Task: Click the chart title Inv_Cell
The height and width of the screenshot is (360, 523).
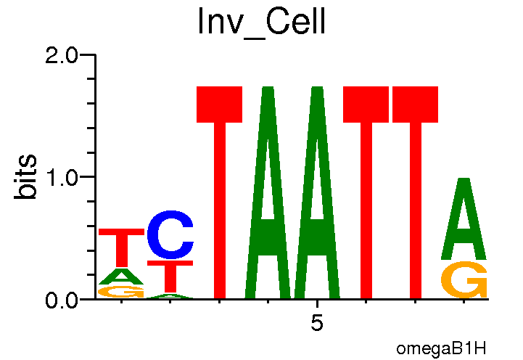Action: pos(262,23)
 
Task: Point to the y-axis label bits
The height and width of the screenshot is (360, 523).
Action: pos(27,177)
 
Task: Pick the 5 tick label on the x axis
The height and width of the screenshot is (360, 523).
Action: pos(317,323)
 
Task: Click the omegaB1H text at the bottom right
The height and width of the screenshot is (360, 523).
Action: pos(441,348)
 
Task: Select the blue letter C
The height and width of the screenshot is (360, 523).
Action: pos(170,235)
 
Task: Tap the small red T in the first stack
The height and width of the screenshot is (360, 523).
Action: pos(122,247)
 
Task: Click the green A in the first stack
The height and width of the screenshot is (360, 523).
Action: pos(122,277)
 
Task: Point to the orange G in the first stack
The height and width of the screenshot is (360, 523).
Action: pos(122,292)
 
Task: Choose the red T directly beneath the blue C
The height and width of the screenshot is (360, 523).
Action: pos(170,276)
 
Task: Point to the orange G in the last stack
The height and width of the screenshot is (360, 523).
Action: pos(464,280)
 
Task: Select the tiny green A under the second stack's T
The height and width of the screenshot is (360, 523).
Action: pos(170,296)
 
